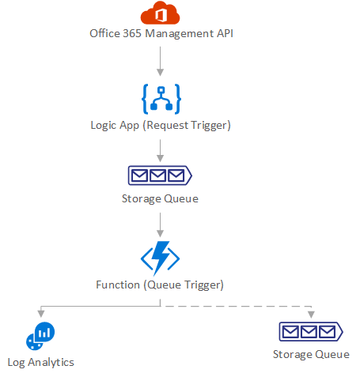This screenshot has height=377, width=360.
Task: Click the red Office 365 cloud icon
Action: (x=160, y=13)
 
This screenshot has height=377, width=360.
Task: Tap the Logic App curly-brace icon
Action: (x=161, y=99)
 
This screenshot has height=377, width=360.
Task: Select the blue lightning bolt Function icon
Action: (x=160, y=258)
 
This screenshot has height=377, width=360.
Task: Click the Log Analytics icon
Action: (x=40, y=336)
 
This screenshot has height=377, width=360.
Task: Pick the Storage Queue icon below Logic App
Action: (x=160, y=175)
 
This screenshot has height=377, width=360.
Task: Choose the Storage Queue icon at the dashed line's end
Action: (x=311, y=331)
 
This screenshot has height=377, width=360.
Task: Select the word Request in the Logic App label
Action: (x=165, y=126)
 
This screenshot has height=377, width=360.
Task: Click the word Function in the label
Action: (x=118, y=285)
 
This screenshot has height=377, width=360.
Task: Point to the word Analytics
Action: (x=51, y=363)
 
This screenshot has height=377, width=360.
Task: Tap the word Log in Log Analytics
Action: (x=17, y=363)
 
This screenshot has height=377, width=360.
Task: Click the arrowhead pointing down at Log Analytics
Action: (x=40, y=314)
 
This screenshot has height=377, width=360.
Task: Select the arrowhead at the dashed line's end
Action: (x=311, y=315)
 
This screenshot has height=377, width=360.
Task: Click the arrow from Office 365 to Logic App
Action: (x=160, y=62)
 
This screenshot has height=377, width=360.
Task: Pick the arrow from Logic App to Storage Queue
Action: (x=160, y=151)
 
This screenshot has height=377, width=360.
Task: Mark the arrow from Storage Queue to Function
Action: (x=160, y=225)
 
